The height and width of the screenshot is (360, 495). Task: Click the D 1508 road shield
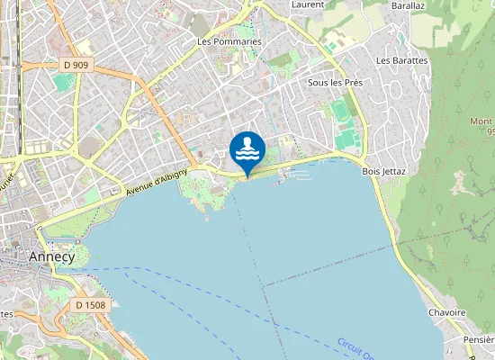point(90,305)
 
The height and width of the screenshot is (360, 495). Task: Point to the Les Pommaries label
point(229,41)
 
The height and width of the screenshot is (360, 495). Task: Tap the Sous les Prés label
point(335,82)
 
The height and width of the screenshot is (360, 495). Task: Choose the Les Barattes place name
point(402,60)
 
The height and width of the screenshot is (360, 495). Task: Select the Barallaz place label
point(409,4)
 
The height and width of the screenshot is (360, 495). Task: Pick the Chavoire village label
point(447,312)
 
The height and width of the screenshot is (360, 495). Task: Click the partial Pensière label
point(478,341)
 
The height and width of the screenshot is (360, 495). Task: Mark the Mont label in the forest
point(481,121)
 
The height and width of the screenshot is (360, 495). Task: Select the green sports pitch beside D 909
point(62,83)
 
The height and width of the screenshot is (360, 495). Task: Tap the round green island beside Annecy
point(78,256)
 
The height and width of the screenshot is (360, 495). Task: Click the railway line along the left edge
point(17,54)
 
